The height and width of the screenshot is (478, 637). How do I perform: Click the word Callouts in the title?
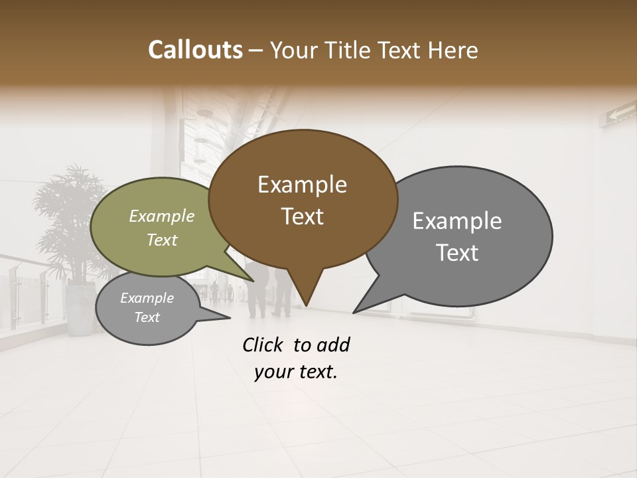195,50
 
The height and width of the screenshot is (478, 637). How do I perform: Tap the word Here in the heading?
453,50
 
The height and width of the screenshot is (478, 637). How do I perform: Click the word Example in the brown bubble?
302,185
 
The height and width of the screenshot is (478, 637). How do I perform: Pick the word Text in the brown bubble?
302,216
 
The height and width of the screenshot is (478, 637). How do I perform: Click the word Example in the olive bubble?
162,216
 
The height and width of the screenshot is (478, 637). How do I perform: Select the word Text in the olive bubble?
162,240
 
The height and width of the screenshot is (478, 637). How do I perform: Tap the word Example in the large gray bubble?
457,221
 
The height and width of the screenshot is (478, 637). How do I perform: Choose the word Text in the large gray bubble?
457,253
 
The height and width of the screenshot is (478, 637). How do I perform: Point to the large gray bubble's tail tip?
355,311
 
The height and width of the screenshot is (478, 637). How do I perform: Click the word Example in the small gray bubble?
147,298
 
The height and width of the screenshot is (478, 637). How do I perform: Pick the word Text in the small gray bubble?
147,317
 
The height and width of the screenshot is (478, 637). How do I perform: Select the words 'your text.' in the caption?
296,372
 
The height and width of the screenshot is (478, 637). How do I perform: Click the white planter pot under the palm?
81,308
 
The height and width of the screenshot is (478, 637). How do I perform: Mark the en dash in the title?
256,50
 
